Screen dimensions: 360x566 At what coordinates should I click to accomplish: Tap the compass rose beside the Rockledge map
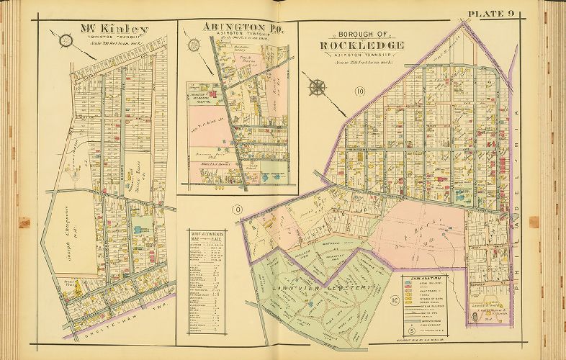coord(316,88)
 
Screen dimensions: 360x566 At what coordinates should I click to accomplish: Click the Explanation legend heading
coord(423,276)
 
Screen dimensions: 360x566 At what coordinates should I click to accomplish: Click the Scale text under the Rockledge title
coord(363,63)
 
